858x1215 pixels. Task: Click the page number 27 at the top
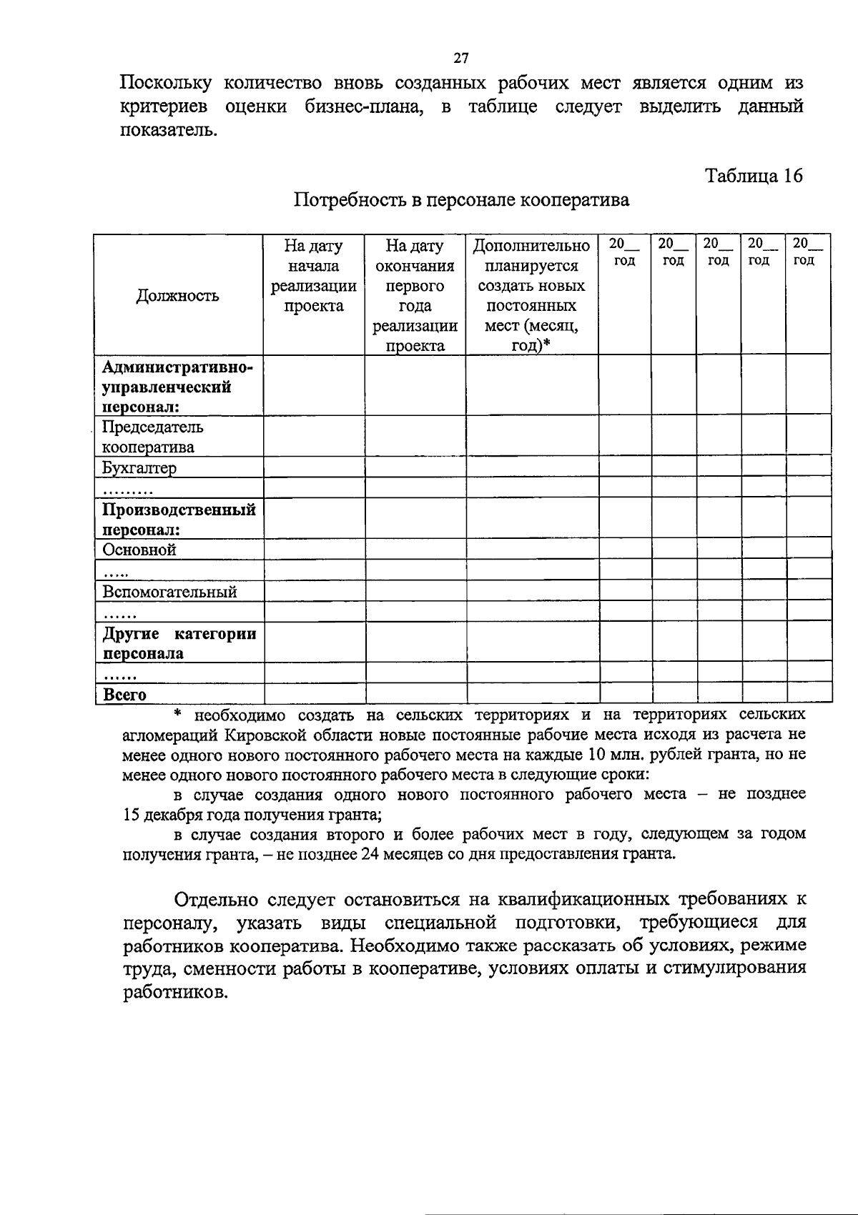(x=461, y=58)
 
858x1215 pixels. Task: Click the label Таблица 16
(x=754, y=176)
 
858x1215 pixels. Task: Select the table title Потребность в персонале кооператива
(x=462, y=200)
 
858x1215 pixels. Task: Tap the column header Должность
(x=178, y=296)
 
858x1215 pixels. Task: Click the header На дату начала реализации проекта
(x=314, y=276)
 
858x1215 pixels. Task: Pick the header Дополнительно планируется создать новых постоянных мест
(x=531, y=295)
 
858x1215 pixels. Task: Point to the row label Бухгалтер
(x=139, y=468)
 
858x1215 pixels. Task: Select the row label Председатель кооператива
(x=152, y=437)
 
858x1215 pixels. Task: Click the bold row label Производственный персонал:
(x=179, y=520)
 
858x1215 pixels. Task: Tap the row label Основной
(x=139, y=550)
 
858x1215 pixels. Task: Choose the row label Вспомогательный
(x=169, y=592)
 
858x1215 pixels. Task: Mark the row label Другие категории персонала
(x=179, y=643)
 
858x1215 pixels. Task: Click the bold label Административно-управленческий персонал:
(x=177, y=387)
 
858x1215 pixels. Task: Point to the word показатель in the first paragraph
(x=167, y=131)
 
